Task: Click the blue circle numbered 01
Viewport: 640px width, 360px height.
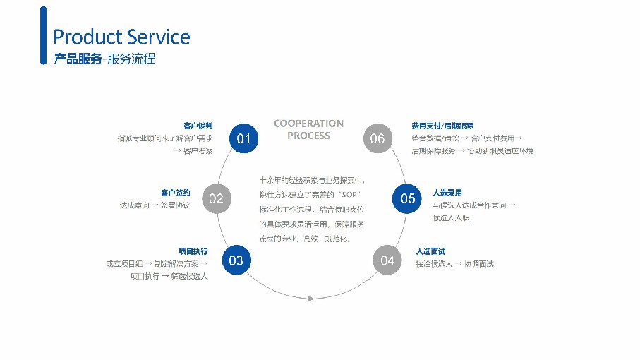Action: coord(243,138)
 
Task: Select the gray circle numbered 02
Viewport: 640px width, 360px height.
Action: coord(216,198)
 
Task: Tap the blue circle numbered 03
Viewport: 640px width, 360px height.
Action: coord(236,260)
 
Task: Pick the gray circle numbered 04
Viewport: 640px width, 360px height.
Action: coord(387,260)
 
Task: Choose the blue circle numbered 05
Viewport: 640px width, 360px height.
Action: coord(408,198)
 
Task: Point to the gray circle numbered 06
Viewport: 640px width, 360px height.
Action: coord(378,138)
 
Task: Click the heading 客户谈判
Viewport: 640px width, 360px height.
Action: coord(198,126)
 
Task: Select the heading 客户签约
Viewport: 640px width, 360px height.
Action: coord(176,192)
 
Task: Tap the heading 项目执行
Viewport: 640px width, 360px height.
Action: coord(193,251)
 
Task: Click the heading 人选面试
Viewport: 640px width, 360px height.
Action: coord(430,251)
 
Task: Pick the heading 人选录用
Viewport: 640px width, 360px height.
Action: coord(447,192)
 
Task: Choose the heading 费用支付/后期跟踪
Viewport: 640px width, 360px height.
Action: coord(442,126)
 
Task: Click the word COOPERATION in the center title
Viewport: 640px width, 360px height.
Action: coord(309,124)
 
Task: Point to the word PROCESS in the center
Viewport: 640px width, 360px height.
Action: coord(309,136)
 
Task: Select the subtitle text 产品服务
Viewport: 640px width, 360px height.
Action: coord(78,59)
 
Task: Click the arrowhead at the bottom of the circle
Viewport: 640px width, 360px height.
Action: coord(310,299)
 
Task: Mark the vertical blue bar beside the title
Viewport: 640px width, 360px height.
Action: coord(44,35)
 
